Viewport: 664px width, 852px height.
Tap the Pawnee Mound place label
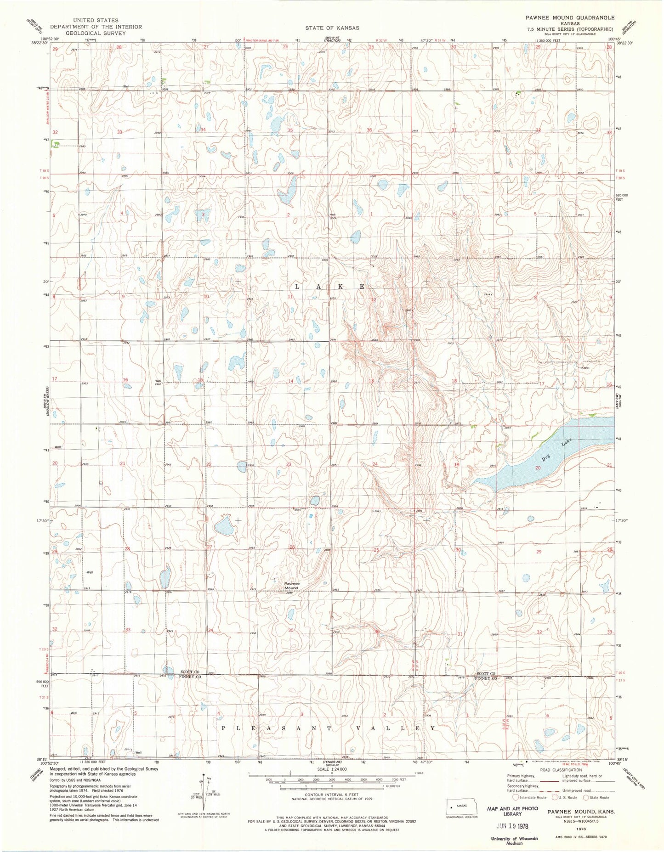(291, 586)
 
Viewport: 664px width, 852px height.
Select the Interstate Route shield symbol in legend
(517, 797)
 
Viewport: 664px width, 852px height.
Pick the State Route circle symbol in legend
(586, 797)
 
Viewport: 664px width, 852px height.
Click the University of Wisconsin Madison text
(515, 840)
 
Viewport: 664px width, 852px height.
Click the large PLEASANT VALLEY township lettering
(329, 728)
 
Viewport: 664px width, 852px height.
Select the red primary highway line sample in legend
(551, 780)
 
